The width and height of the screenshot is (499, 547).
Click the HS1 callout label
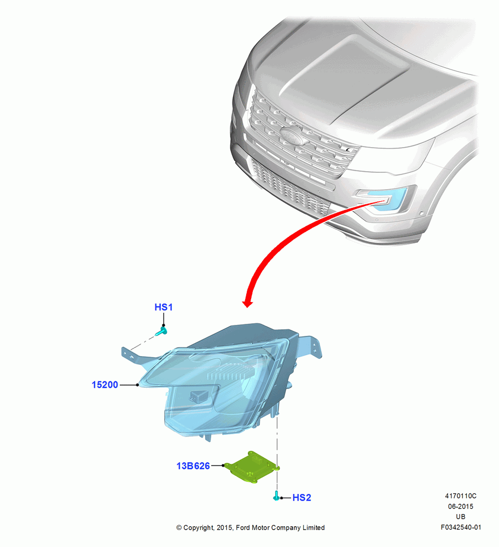click(163, 307)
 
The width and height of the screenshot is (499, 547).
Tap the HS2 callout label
click(301, 497)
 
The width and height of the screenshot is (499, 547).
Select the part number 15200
click(105, 385)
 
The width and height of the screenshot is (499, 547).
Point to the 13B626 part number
click(193, 465)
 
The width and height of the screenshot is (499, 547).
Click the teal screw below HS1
click(161, 331)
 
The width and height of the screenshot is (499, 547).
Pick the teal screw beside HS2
click(276, 496)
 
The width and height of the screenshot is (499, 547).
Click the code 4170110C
click(461, 496)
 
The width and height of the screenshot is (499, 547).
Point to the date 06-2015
click(461, 506)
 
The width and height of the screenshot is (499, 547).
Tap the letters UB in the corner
click(461, 517)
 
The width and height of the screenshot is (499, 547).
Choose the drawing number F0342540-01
click(461, 527)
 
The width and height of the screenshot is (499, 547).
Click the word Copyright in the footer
click(199, 528)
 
